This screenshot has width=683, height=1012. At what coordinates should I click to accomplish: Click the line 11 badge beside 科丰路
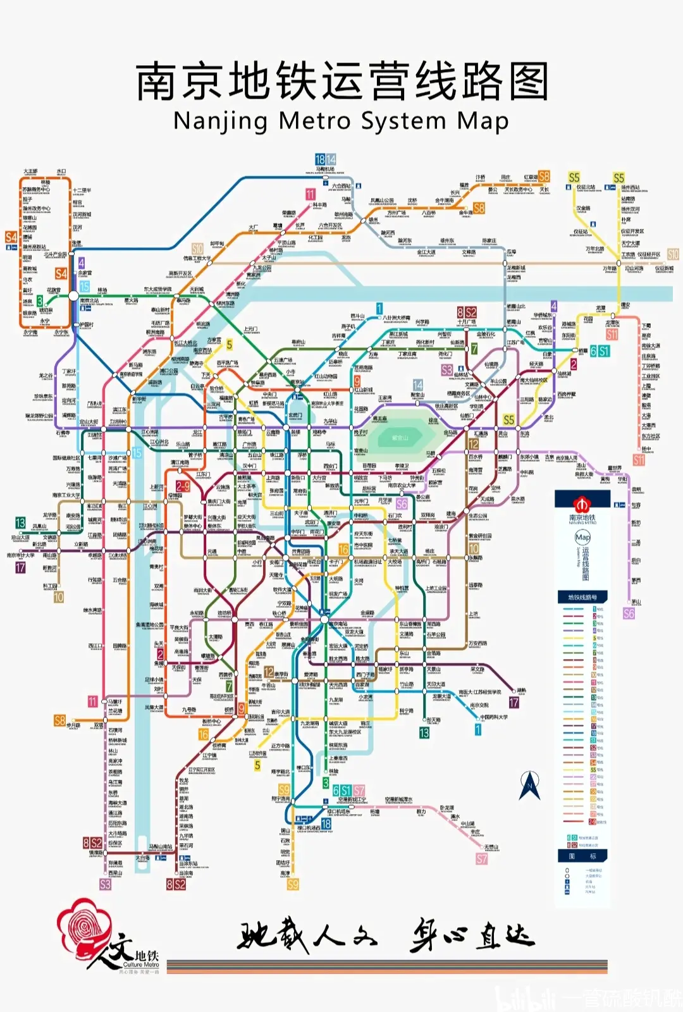click(x=310, y=194)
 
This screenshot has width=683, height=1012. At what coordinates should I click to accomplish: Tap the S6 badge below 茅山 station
click(x=629, y=614)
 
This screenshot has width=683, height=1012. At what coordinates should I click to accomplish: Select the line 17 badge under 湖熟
click(x=514, y=703)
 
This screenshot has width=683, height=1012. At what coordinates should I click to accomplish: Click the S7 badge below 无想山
click(x=482, y=858)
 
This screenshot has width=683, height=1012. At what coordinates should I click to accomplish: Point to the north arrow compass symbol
click(x=529, y=786)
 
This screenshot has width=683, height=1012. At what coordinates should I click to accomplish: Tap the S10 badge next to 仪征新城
click(x=672, y=254)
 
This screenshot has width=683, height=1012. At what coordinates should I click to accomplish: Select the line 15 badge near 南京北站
click(x=85, y=287)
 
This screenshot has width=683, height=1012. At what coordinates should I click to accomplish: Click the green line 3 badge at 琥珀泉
click(x=40, y=301)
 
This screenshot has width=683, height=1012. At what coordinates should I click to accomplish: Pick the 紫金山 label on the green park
click(x=400, y=438)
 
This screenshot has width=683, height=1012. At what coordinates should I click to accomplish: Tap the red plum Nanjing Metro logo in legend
click(x=582, y=503)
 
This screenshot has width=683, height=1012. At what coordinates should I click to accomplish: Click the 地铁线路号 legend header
click(x=582, y=597)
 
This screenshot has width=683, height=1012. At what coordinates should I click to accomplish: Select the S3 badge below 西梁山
click(x=105, y=884)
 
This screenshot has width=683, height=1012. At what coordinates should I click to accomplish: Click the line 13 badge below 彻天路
click(x=424, y=732)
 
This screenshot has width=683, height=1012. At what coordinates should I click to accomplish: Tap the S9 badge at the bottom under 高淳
click(x=292, y=884)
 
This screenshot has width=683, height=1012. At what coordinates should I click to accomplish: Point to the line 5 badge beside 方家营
click(x=229, y=345)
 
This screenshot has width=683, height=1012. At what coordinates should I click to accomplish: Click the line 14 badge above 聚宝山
click(x=417, y=385)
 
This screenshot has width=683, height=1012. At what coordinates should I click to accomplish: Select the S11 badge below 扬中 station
click(x=639, y=460)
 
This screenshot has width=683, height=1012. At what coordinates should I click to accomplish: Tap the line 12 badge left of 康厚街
click(x=269, y=672)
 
